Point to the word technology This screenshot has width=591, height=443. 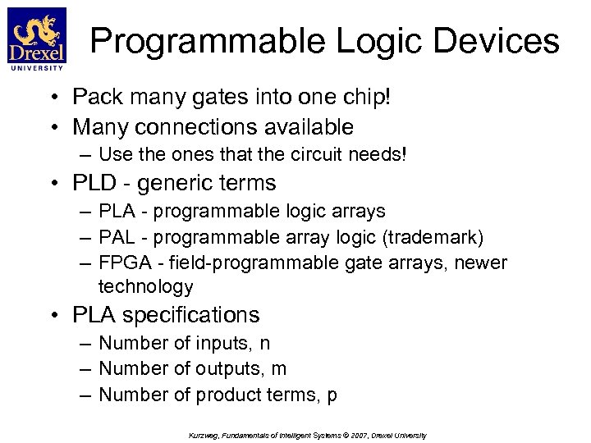pyautogui.click(x=145, y=286)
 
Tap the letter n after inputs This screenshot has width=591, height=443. pyautogui.click(x=264, y=343)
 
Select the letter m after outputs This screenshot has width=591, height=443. pyautogui.click(x=278, y=369)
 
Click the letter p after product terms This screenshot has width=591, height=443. pyautogui.click(x=332, y=396)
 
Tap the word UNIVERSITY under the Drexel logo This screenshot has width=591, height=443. pyautogui.click(x=36, y=69)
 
